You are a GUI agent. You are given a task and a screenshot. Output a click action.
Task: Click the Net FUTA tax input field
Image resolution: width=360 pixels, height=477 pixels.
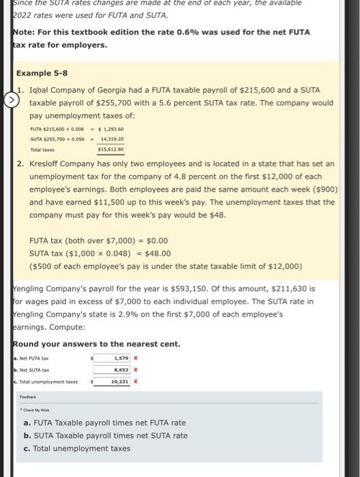point(112,357)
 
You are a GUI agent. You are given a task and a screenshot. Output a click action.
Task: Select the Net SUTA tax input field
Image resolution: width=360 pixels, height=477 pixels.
point(112,370)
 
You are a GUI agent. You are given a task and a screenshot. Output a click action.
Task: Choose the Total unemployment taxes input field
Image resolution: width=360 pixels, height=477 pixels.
point(112,382)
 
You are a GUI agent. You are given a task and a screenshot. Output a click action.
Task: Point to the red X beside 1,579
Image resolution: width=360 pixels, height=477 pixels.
point(136,357)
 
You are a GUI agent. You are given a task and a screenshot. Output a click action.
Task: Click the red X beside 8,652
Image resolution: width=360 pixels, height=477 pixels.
point(136,370)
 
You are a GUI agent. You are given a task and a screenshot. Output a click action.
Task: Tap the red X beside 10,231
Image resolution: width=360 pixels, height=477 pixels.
point(136,382)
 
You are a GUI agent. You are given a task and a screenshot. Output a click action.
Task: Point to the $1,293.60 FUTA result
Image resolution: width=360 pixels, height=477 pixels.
point(111,129)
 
